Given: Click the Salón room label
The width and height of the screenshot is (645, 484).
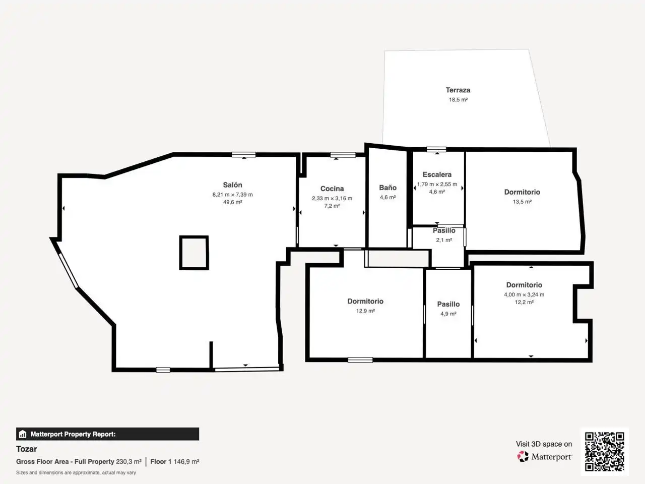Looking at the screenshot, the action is [232, 185].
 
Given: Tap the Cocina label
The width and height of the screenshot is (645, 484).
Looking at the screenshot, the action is [332, 189].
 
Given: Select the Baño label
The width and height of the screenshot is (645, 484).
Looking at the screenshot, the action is [388, 188].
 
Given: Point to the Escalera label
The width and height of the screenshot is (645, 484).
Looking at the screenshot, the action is [437, 174].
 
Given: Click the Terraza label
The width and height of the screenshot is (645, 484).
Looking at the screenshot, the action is [458, 90].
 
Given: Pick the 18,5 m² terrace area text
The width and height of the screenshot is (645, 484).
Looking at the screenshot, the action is [458, 100].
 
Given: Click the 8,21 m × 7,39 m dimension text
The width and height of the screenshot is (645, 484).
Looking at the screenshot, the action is [232, 195].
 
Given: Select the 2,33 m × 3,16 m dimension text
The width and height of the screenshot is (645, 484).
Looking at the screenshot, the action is [332, 198].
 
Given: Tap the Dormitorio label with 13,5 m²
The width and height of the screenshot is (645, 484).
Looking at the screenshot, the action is [522, 192].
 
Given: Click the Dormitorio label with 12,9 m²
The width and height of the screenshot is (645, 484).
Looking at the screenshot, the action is [365, 301].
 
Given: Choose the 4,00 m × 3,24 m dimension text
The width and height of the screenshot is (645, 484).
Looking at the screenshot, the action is [524, 294].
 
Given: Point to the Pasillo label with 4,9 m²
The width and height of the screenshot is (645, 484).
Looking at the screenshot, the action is [448, 304].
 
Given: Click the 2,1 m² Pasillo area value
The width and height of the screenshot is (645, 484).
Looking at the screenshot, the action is [444, 240].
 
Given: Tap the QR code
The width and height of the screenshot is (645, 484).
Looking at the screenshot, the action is [605, 451].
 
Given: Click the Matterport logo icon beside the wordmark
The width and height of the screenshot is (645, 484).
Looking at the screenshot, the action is [523, 456].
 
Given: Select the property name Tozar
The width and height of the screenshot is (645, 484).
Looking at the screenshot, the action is [26, 449].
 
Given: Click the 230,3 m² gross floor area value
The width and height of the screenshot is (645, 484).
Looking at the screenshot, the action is [128, 461].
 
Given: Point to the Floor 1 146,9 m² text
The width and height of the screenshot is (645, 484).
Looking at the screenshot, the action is [174, 461].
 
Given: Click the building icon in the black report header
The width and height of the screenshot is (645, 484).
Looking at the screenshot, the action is [23, 434].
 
